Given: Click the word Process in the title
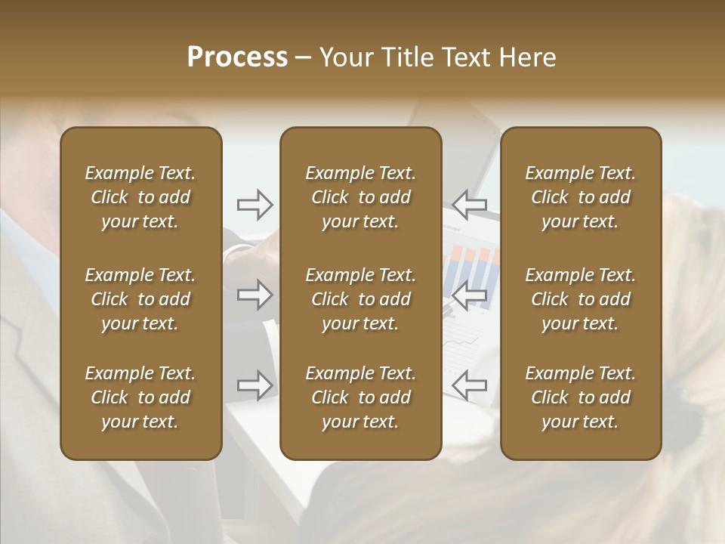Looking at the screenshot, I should [237, 57].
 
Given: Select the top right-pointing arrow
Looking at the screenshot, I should [255, 204].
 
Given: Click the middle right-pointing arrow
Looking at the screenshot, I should [255, 295].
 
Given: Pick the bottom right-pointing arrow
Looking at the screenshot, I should [255, 385].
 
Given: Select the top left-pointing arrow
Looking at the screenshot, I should [469, 204].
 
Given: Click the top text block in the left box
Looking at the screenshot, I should [140, 197].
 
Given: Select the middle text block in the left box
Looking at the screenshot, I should [140, 299].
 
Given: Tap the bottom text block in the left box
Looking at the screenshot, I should [140, 397].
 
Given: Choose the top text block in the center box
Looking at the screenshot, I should [360, 197].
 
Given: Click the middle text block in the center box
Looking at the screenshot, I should [360, 299].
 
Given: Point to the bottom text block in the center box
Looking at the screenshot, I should [360, 397].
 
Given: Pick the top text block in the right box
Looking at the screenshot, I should [580, 197].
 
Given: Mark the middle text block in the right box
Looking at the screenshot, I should [580, 299].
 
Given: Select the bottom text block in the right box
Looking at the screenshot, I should [580, 397].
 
